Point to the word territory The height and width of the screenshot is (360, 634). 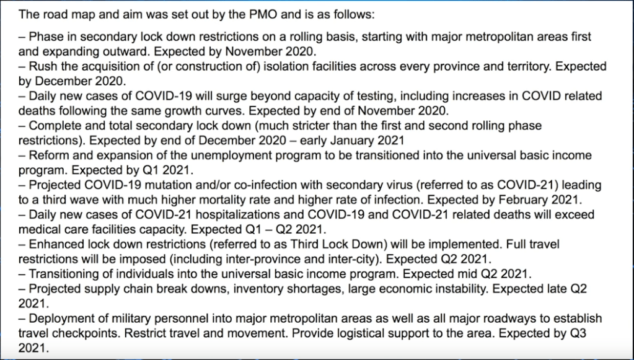[529, 67]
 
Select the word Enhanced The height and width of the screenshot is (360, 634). [54, 244]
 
